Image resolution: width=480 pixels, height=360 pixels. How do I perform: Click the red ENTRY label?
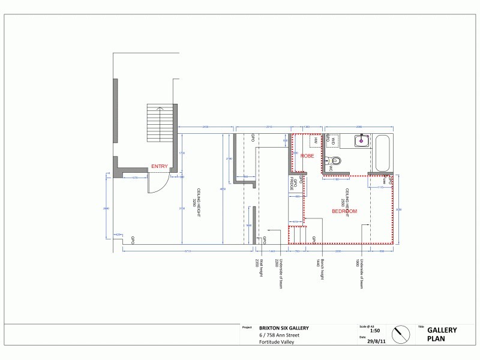pyautogui.click(x=160, y=166)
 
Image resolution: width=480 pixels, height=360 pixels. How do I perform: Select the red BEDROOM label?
pyautogui.click(x=344, y=211)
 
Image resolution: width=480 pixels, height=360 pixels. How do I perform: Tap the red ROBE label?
pyautogui.click(x=307, y=156)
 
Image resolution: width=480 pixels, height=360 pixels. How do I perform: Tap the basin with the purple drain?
pyautogui.click(x=361, y=141)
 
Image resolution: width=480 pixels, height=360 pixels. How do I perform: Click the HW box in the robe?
pyautogui.click(x=315, y=140)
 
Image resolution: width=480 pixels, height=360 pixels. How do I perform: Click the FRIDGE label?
pyautogui.click(x=292, y=184)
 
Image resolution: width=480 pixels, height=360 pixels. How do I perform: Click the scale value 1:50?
pyautogui.click(x=374, y=331)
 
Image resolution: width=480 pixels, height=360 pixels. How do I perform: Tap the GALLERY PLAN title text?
pyautogui.click(x=442, y=334)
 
